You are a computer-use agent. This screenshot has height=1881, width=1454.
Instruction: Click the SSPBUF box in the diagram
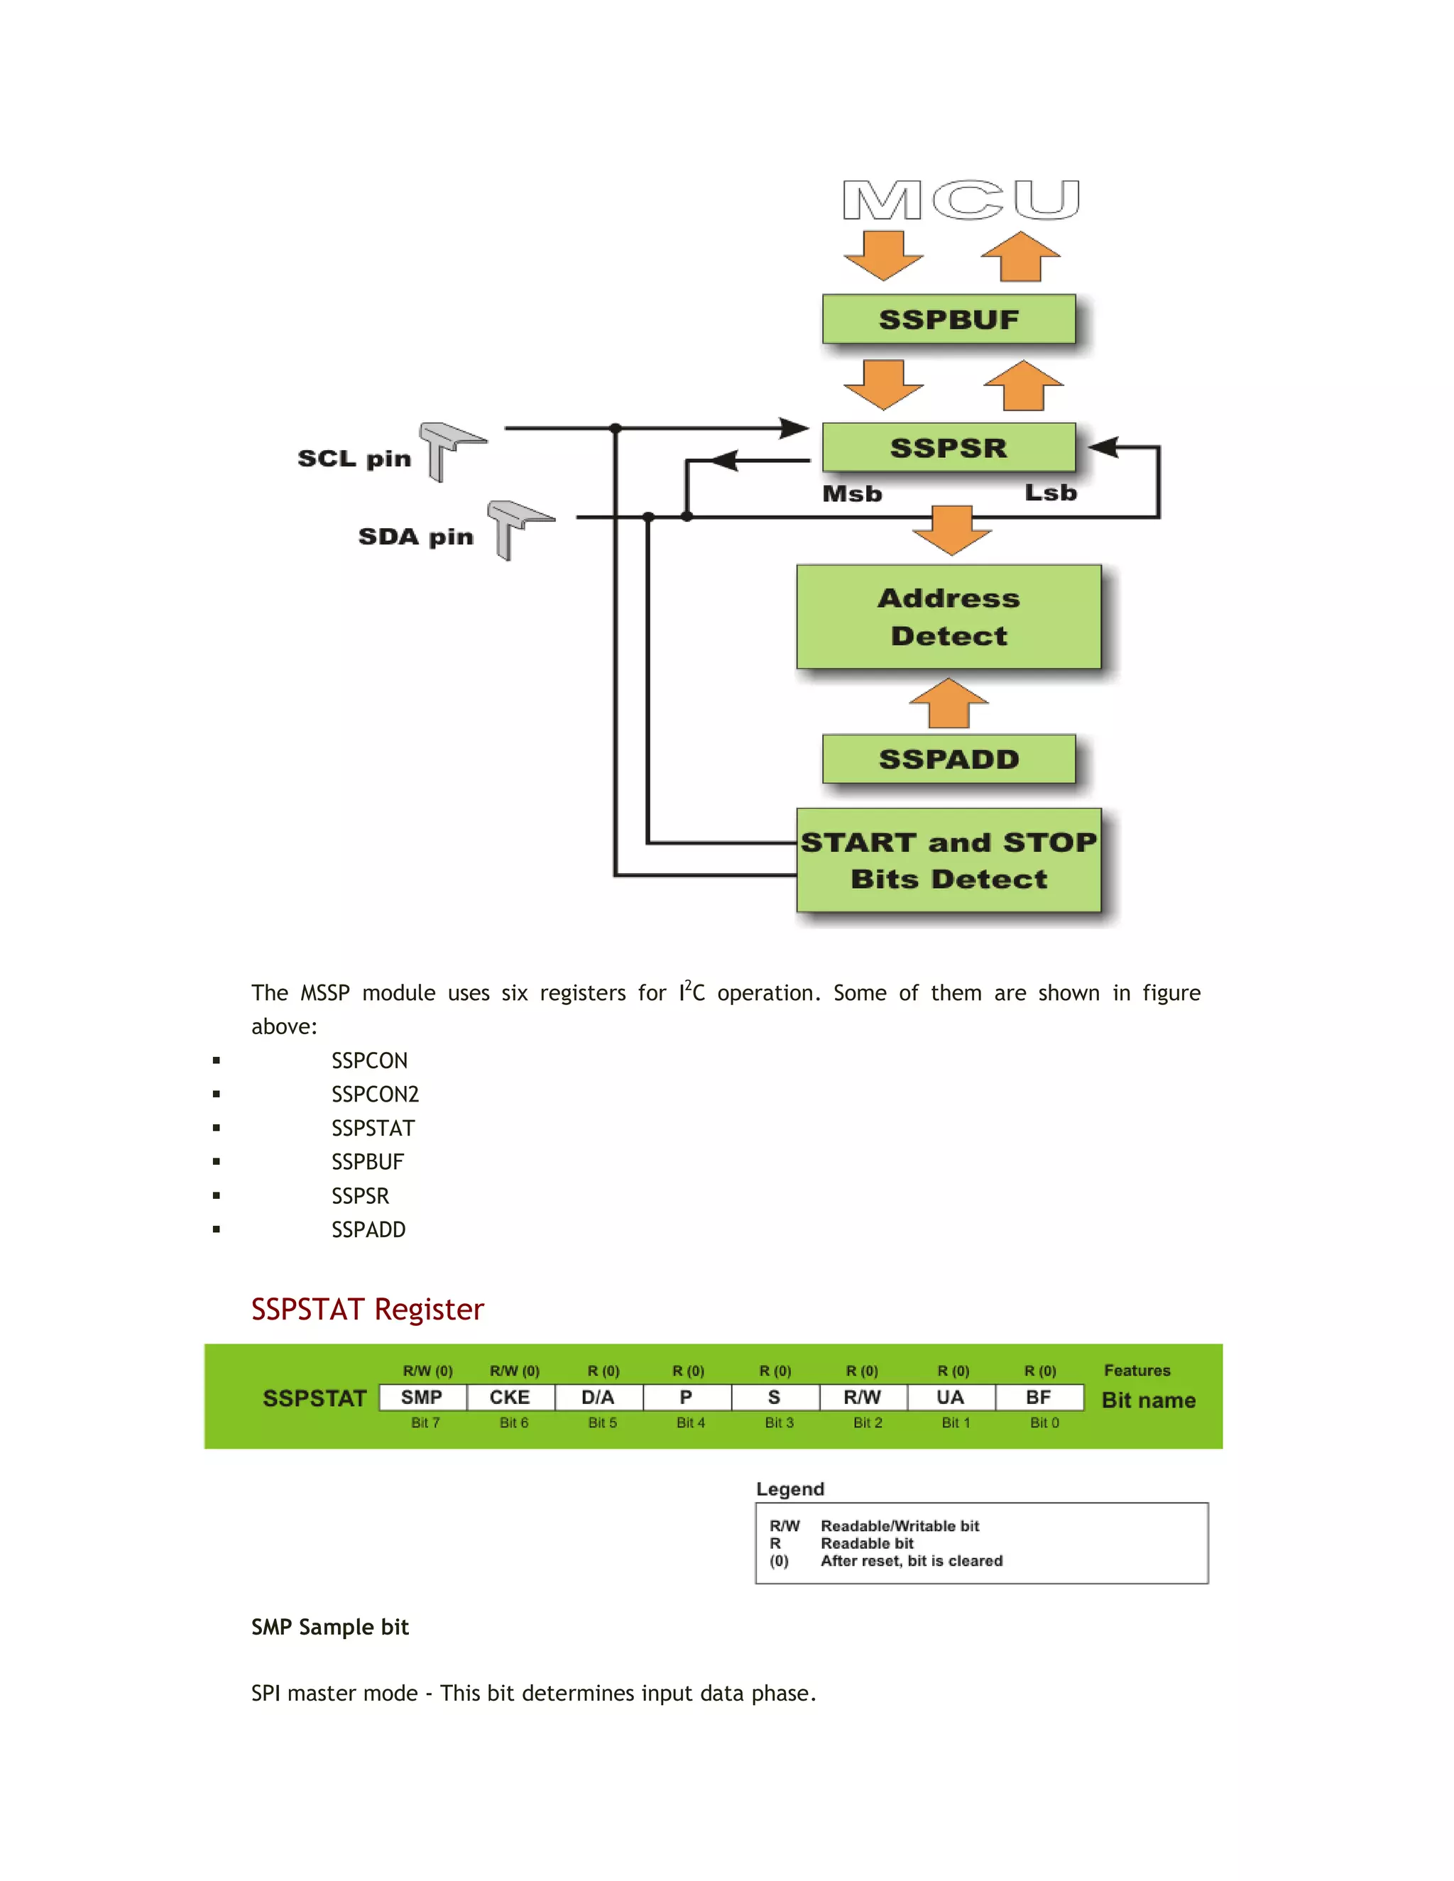[x=949, y=319]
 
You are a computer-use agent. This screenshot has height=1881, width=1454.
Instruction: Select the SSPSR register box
[x=949, y=448]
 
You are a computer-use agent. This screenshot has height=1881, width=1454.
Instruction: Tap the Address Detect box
[x=949, y=617]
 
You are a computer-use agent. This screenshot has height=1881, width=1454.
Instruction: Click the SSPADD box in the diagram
[x=949, y=759]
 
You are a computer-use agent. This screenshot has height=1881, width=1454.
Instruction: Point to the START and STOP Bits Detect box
[x=949, y=860]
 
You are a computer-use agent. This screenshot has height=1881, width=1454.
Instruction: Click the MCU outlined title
[x=961, y=201]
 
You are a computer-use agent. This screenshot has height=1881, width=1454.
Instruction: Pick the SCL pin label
[x=354, y=459]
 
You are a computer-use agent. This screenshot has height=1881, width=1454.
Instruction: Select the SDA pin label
[x=415, y=537]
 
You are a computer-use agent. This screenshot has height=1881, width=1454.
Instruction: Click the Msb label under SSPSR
[x=852, y=493]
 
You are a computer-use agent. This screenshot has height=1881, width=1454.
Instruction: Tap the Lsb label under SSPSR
[x=1050, y=493]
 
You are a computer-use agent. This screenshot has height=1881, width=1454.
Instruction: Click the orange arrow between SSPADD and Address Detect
[x=949, y=703]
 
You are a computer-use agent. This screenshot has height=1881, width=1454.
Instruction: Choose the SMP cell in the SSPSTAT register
[x=422, y=1397]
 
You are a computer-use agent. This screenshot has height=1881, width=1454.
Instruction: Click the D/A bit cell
[x=598, y=1397]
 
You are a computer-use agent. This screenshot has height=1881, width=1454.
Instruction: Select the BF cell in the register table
[x=1038, y=1397]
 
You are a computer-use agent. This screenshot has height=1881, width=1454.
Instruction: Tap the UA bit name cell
[x=950, y=1397]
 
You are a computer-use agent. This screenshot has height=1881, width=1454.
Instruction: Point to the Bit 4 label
[x=690, y=1422]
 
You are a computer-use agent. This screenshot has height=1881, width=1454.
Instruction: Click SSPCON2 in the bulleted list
[x=375, y=1094]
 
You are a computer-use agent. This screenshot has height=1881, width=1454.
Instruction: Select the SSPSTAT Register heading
[x=367, y=1309]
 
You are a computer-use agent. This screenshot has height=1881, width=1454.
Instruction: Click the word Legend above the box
[x=790, y=1489]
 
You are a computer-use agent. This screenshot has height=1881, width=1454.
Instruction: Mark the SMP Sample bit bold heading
[x=330, y=1627]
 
